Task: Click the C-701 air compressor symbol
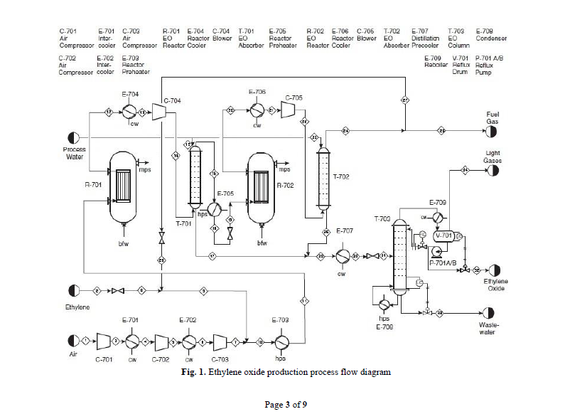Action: coord(104,341)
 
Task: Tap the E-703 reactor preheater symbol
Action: coord(280,341)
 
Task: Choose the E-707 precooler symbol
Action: coord(342,255)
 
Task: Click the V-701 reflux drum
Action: coord(444,235)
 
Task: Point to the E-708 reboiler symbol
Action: coord(384,304)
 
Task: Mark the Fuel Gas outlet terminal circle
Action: coord(492,131)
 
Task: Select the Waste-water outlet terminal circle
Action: coord(488,313)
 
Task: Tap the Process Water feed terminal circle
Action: coord(74,138)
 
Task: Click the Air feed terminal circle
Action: coord(72,341)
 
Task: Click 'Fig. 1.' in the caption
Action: coord(191,372)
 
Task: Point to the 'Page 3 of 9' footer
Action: coord(286,405)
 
